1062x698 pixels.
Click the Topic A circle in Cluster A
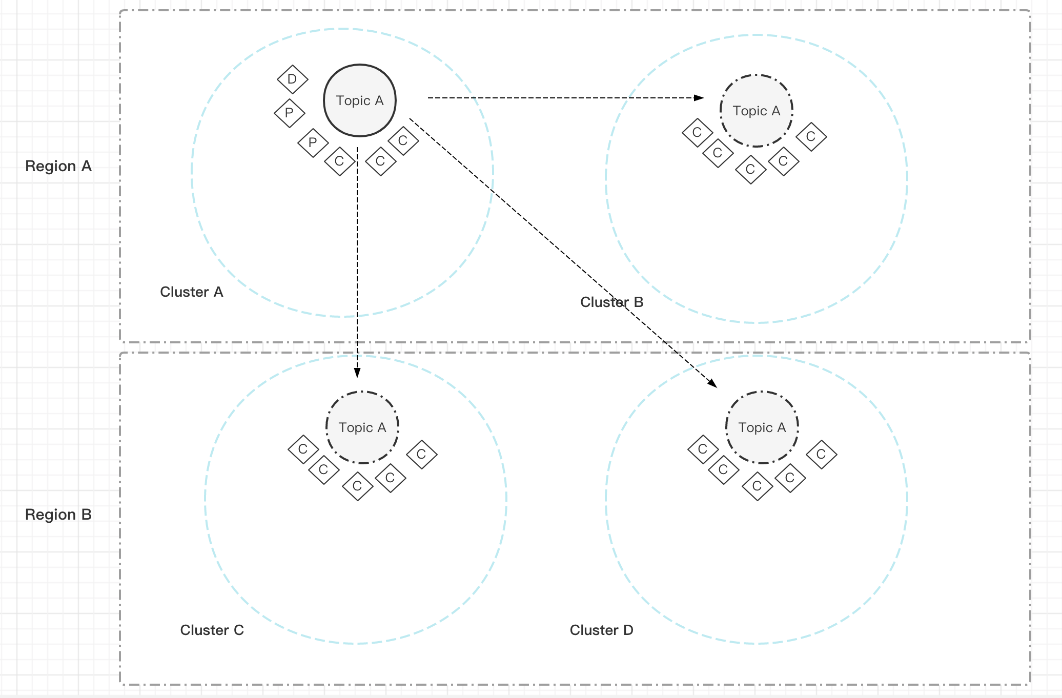point(359,100)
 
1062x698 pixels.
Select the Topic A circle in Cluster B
point(756,111)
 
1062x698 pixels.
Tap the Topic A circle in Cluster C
point(362,427)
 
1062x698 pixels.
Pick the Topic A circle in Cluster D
point(762,427)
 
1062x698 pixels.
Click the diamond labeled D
point(292,79)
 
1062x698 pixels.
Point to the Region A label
point(58,166)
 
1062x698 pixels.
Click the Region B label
point(58,515)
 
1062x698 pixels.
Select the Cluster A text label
point(191,292)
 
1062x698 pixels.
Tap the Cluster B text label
point(611,302)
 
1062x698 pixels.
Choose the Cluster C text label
point(212,630)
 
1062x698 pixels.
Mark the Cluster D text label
point(601,630)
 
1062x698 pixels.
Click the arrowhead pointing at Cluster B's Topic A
point(699,97)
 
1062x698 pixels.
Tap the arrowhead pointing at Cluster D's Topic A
point(712,383)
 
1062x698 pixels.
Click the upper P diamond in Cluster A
point(289,113)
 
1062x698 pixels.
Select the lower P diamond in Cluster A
point(313,142)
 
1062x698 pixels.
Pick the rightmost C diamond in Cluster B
point(811,137)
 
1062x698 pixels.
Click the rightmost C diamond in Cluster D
point(821,454)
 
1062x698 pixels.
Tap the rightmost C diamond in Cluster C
point(421,454)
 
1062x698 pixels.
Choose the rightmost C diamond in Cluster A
point(403,140)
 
